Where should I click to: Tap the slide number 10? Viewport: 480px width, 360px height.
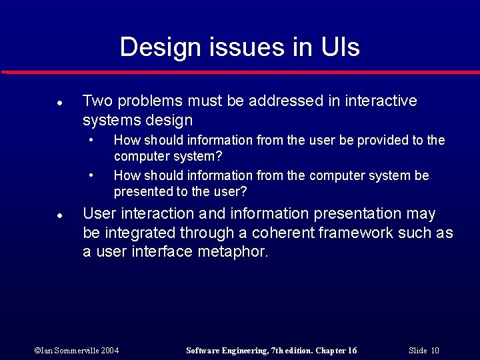click(435, 351)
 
